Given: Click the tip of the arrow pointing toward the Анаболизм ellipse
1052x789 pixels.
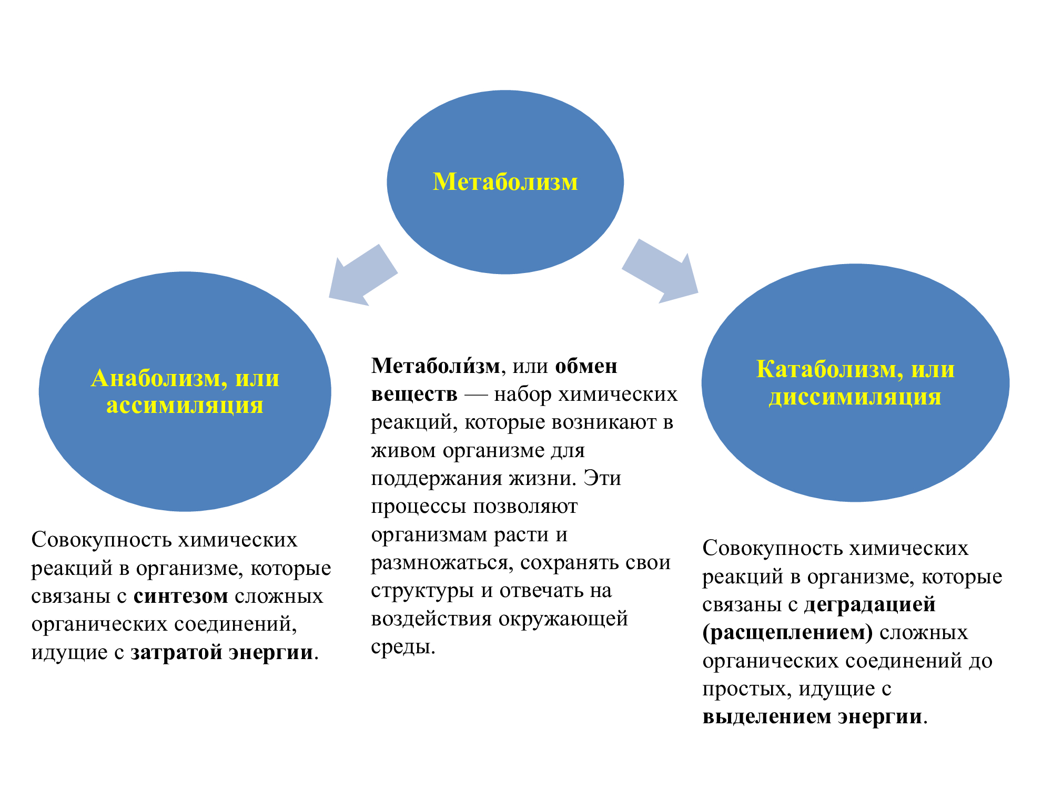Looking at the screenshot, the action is point(329,298).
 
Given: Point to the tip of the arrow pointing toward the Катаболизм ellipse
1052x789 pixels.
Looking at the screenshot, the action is point(698,292).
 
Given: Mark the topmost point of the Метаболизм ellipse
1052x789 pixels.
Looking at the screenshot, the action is point(505,90).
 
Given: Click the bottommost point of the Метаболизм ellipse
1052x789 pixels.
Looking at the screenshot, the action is point(505,274).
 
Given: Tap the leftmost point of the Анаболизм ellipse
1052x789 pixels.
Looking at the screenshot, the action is point(39,391).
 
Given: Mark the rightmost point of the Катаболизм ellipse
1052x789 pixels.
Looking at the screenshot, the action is point(1009,383).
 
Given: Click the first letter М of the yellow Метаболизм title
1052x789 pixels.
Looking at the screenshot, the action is point(442,182).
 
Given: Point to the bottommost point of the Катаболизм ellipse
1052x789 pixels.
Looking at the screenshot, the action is point(856,502).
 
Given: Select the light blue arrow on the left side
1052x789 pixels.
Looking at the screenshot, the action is point(363,275).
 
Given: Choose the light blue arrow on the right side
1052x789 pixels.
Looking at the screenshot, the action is point(660,271).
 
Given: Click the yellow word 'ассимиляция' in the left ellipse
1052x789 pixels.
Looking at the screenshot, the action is point(185,406).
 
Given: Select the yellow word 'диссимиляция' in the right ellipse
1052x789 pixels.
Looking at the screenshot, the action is point(855,397).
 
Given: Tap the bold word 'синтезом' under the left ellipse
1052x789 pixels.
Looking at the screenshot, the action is point(181,596).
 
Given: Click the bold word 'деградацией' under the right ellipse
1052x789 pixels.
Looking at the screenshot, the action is point(870,604).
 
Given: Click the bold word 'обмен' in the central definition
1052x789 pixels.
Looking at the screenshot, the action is point(586,366).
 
